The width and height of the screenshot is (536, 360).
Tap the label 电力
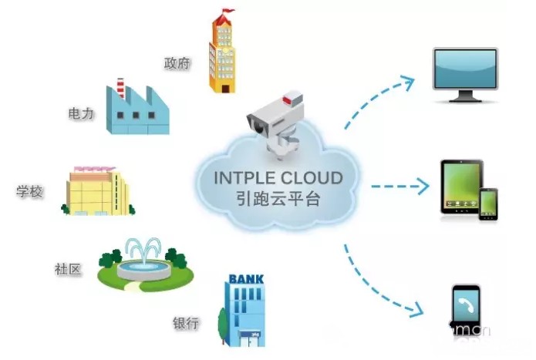81,113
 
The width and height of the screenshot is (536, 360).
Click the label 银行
187,322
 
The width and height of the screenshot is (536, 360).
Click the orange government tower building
221,54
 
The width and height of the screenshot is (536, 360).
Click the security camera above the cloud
275,119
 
